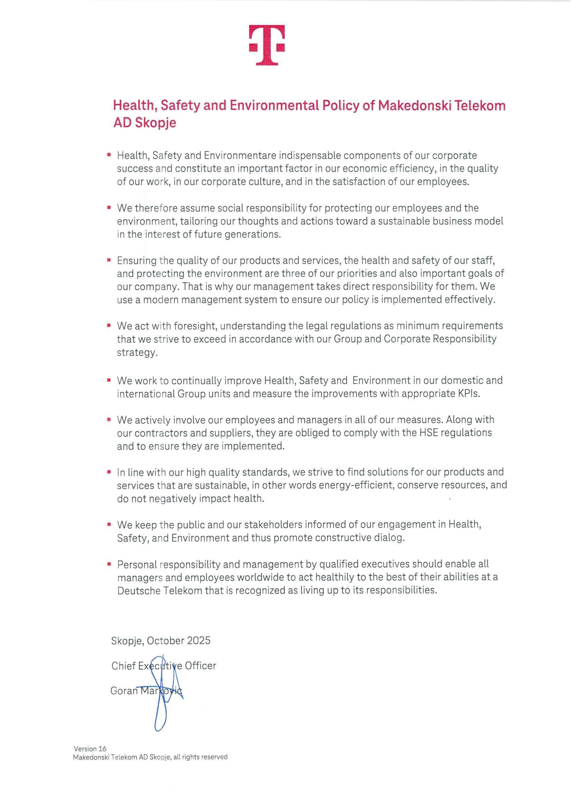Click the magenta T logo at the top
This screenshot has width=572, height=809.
[267, 45]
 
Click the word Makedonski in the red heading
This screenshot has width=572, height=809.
[414, 105]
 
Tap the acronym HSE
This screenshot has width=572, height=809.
[428, 433]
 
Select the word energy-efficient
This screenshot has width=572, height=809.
[357, 485]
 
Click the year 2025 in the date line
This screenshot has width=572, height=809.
[199, 641]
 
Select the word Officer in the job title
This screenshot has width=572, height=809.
[201, 666]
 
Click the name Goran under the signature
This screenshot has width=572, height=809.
[123, 691]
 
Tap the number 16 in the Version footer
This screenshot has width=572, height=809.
[102, 749]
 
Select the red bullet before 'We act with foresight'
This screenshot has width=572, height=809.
[109, 325]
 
